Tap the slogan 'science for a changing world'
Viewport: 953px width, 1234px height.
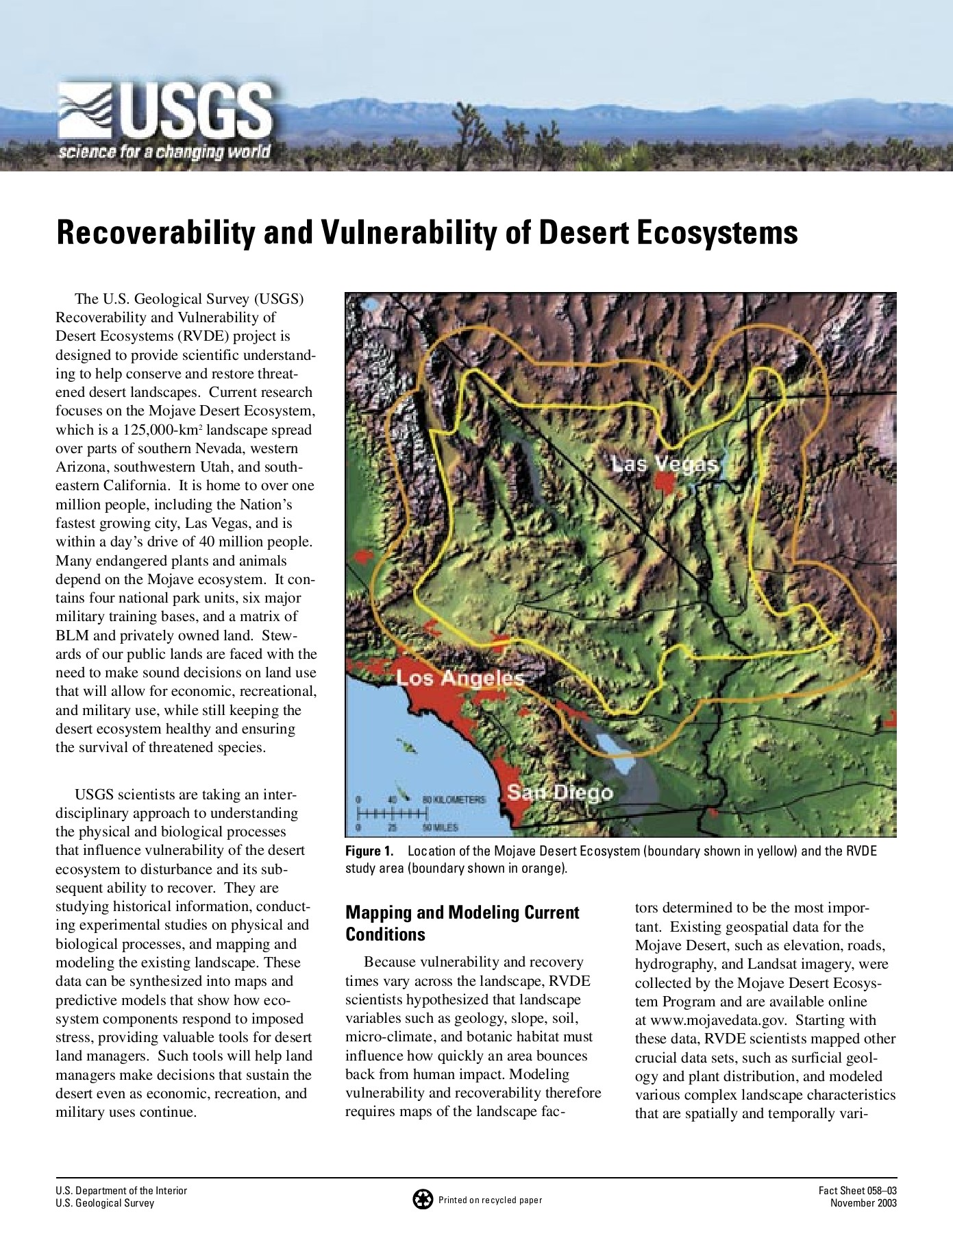(164, 152)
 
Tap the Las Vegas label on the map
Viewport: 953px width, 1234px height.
(665, 464)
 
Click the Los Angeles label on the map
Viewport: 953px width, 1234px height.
(460, 678)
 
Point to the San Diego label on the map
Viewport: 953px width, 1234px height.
(560, 793)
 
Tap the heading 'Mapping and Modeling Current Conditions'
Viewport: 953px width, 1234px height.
(462, 923)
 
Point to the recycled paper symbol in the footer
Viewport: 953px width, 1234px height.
(423, 1199)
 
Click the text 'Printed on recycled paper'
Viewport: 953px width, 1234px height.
(490, 1200)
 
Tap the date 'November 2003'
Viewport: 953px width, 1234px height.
(863, 1203)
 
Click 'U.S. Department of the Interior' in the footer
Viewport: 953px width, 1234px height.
(121, 1191)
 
